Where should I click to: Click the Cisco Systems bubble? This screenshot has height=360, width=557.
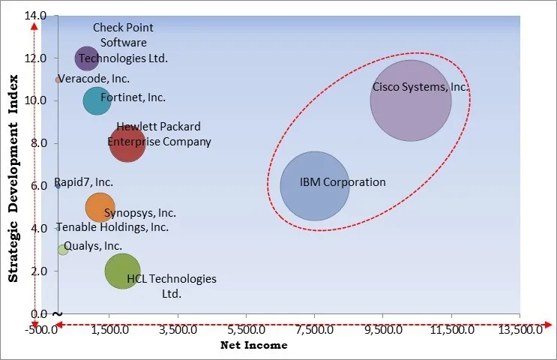pyautogui.click(x=411, y=100)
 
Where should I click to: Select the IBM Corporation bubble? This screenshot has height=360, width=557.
pyautogui.click(x=315, y=186)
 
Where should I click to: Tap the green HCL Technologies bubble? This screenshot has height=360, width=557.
pyautogui.click(x=122, y=271)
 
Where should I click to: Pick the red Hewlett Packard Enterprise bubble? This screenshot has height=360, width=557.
pyautogui.click(x=127, y=143)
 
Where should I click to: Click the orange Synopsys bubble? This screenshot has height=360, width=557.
pyautogui.click(x=100, y=208)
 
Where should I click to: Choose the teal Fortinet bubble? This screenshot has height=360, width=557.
pyautogui.click(x=97, y=100)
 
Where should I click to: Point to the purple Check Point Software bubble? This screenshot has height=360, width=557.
pyautogui.click(x=86, y=57)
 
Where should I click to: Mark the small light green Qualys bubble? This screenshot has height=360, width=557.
pyautogui.click(x=63, y=250)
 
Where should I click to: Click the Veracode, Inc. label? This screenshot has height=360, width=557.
pyautogui.click(x=94, y=79)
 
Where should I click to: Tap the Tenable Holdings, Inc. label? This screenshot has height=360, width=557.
pyautogui.click(x=112, y=227)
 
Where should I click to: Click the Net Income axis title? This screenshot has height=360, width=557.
pyautogui.click(x=253, y=346)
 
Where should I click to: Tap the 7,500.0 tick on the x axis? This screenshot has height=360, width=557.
pyautogui.click(x=315, y=329)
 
